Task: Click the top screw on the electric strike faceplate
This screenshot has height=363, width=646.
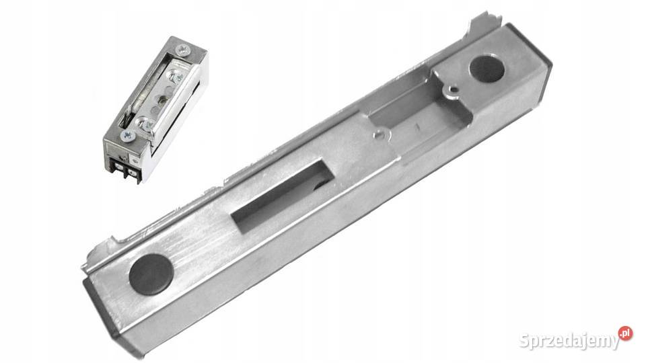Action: [x=183, y=50]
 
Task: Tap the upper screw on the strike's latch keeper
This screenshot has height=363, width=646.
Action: [x=176, y=75]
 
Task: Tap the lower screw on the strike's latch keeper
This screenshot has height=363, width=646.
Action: [x=145, y=123]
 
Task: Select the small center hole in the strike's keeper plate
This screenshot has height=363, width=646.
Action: [x=162, y=99]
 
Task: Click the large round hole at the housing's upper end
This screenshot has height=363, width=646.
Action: [x=487, y=69]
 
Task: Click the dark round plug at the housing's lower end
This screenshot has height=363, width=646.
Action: [x=151, y=274]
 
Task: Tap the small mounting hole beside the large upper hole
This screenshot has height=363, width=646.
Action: [x=454, y=89]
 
